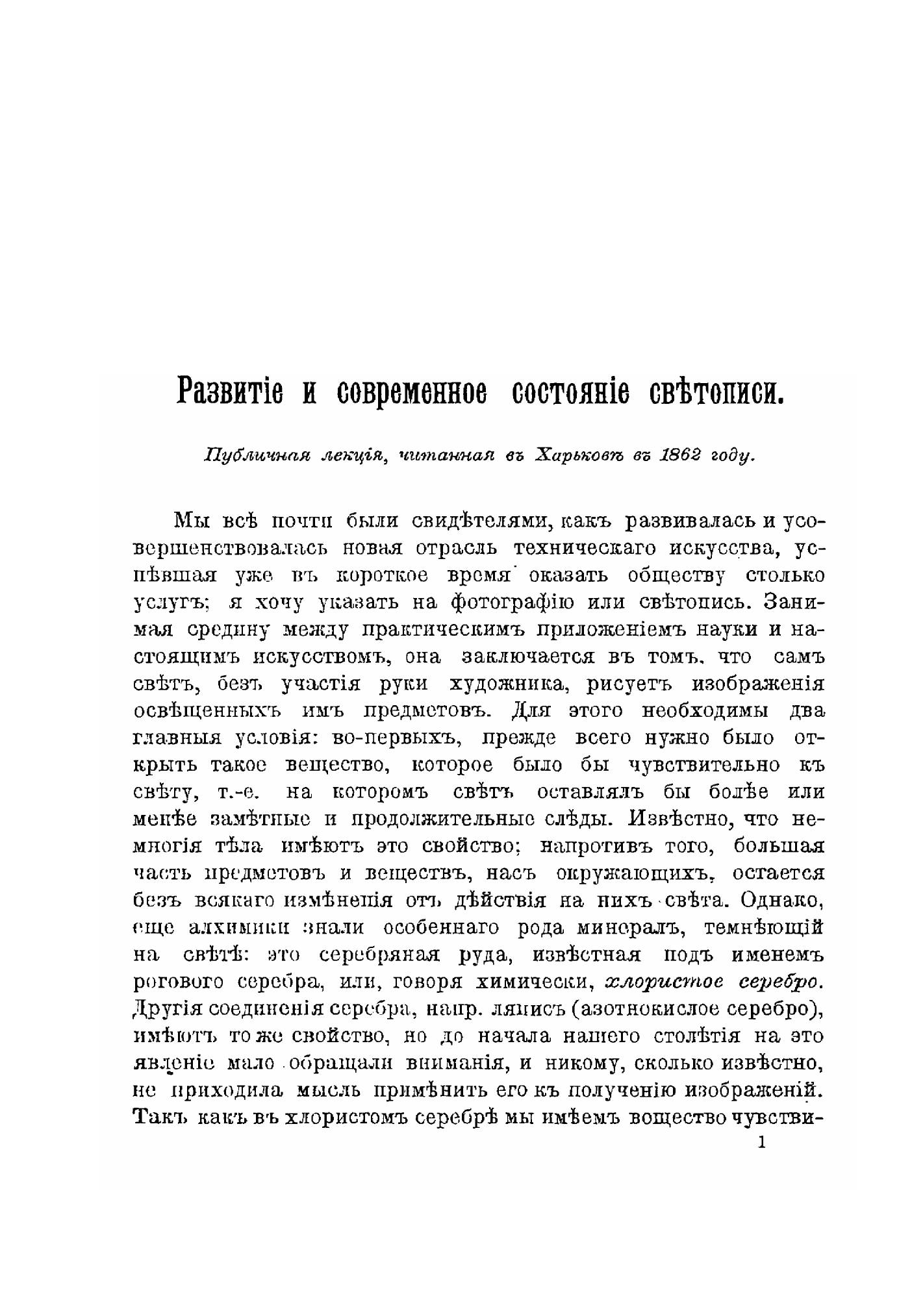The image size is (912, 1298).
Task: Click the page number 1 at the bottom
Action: coord(762,1142)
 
